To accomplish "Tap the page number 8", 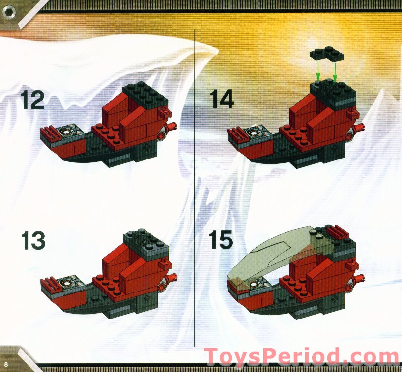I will click(x=6, y=364).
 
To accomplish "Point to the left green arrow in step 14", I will click(x=318, y=72).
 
